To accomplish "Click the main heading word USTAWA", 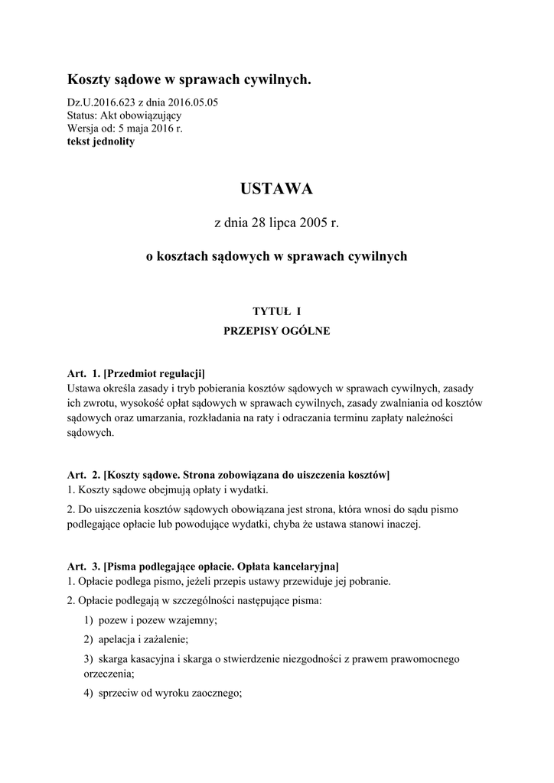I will [x=276, y=188].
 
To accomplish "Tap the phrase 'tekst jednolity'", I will [x=101, y=141].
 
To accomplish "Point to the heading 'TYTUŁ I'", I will [x=276, y=310].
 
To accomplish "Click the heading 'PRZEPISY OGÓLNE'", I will [x=276, y=332].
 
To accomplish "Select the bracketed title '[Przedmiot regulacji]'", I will [x=155, y=374].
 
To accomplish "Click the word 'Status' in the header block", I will [x=82, y=115].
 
